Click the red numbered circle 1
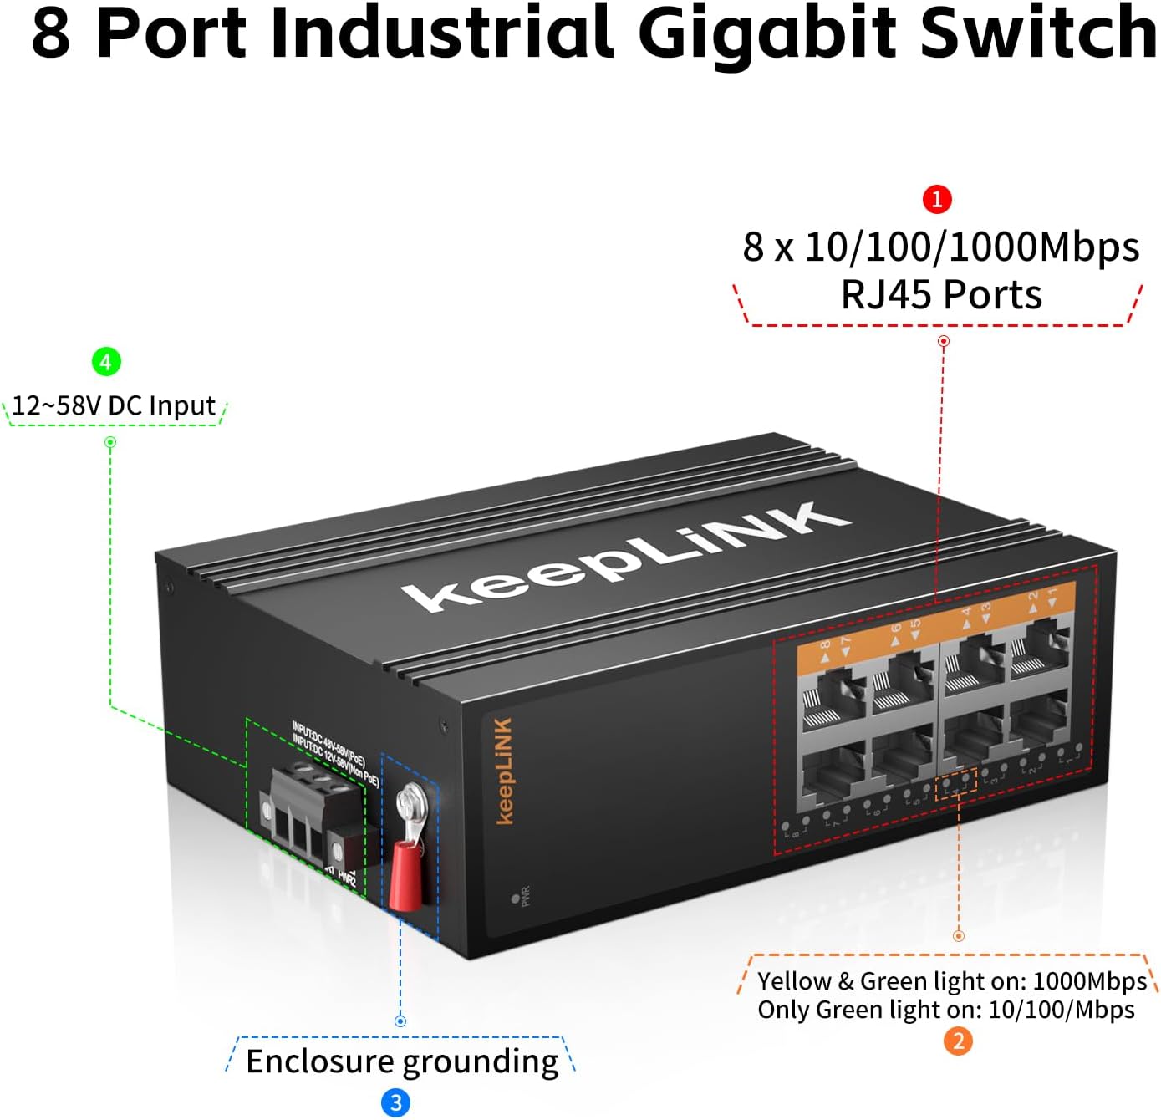pos(937,199)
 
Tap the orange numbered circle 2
pos(958,1041)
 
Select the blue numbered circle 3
pos(396,1102)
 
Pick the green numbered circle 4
pos(106,362)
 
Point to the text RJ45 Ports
pos(941,295)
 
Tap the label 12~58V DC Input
pos(115,406)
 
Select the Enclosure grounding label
pos(402,1061)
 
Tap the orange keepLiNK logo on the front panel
pos(503,771)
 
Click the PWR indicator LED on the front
pos(515,899)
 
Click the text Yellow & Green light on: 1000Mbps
pos(951,980)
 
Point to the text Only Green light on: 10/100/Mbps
pos(945,1010)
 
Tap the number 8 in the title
pos(50,33)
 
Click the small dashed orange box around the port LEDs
pos(956,786)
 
